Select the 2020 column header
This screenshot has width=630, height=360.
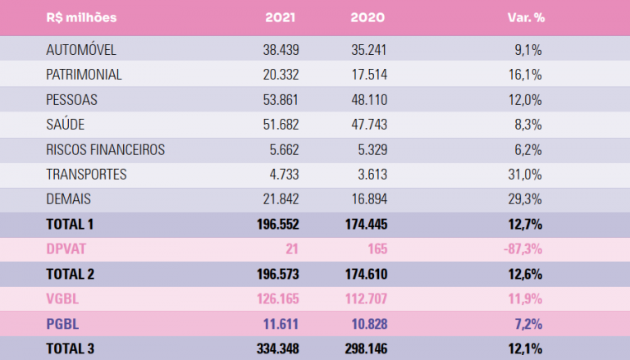pyautogui.click(x=368, y=17)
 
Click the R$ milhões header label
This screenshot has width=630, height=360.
pyautogui.click(x=82, y=17)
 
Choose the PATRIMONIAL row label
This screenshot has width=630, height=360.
pyautogui.click(x=84, y=75)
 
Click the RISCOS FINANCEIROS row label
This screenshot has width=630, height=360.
pyautogui.click(x=106, y=149)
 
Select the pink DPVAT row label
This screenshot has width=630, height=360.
pyautogui.click(x=66, y=248)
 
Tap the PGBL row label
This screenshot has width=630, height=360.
pyautogui.click(x=63, y=323)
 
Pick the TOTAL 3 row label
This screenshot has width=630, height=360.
pyautogui.click(x=71, y=349)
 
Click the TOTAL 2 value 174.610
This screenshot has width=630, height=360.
pyautogui.click(x=362, y=274)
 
